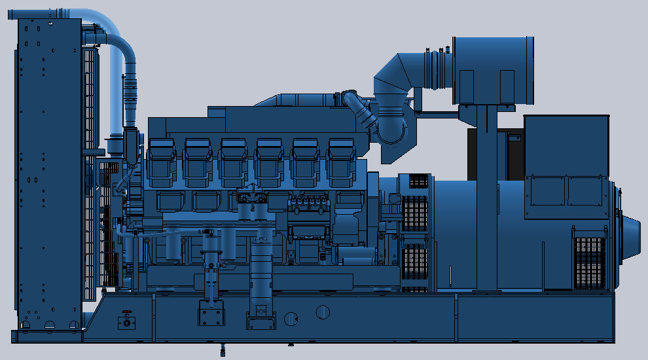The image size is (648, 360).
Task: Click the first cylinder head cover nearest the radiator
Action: click(162, 162)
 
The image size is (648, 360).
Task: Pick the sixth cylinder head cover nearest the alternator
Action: click(341, 162)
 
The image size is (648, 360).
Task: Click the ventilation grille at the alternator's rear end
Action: click(588, 262)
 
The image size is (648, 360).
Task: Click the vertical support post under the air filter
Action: click(486, 196)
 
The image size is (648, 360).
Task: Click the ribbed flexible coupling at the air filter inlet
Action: click(437, 69)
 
